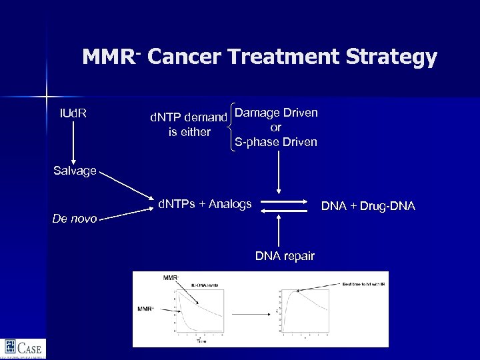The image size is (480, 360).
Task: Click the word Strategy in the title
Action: click(x=391, y=57)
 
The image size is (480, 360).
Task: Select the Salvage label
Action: click(x=75, y=171)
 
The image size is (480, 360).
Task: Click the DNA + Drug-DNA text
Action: click(x=368, y=207)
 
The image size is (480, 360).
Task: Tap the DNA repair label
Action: click(x=285, y=256)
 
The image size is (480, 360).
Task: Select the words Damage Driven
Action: click(x=276, y=112)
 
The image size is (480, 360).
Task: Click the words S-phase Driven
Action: click(x=276, y=142)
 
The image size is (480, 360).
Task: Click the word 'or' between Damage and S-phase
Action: click(x=276, y=127)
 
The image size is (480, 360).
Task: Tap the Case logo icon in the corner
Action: click(x=10, y=347)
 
